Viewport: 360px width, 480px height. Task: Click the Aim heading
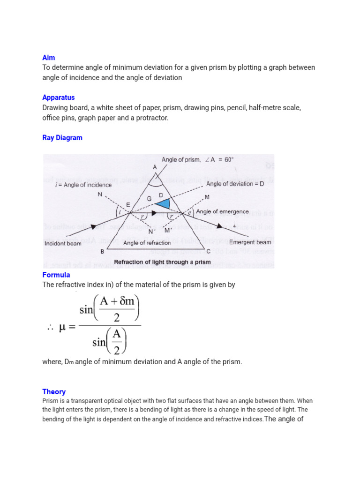click(48, 58)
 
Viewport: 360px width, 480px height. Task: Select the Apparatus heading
click(58, 97)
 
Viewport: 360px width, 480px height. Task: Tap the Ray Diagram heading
click(62, 138)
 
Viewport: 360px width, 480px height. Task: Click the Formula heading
click(56, 275)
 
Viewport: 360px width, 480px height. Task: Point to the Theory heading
click(54, 391)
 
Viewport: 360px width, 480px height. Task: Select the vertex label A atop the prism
click(155, 167)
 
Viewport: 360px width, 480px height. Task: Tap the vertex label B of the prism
click(103, 252)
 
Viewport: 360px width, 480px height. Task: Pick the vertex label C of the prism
click(209, 252)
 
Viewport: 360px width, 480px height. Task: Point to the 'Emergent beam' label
click(250, 242)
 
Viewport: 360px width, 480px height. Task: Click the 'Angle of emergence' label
click(222, 211)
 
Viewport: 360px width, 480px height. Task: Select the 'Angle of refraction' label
click(147, 243)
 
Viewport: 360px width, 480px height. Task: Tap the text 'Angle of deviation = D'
click(235, 184)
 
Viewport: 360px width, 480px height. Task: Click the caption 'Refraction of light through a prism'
click(163, 262)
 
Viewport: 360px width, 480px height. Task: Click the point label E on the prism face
click(128, 204)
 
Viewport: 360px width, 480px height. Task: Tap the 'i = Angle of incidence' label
click(83, 185)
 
